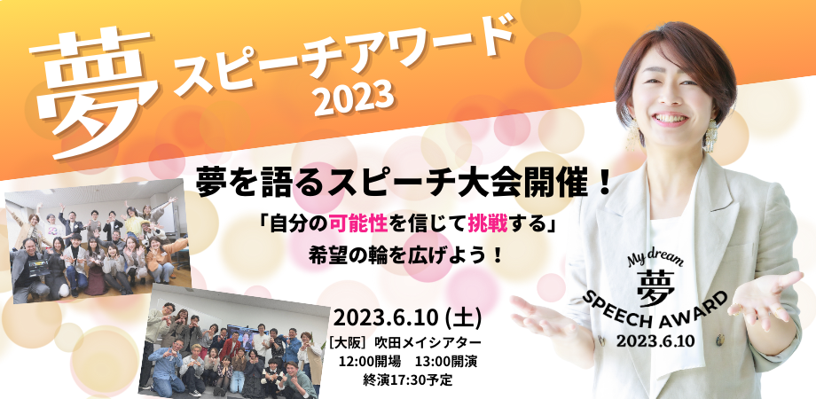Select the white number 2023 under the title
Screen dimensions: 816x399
(x=353, y=98)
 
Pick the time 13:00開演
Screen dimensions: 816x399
(x=446, y=362)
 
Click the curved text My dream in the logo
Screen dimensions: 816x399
(x=655, y=260)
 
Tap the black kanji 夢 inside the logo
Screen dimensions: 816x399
(x=655, y=288)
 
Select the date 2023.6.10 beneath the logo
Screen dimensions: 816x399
(x=655, y=341)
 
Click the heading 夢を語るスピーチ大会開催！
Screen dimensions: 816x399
(x=404, y=184)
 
